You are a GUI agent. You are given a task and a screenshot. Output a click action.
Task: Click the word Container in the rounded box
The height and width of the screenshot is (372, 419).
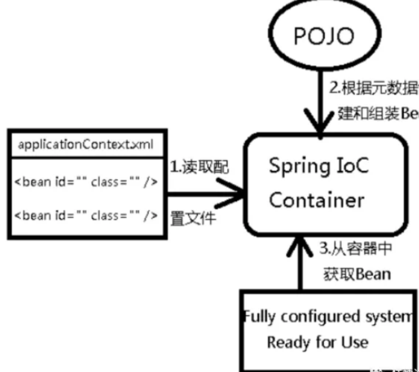pyautogui.click(x=316, y=200)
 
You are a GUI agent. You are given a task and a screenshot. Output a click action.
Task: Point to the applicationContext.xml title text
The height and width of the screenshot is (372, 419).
pyautogui.click(x=85, y=144)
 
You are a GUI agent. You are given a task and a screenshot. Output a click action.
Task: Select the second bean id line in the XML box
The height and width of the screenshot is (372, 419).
pyautogui.click(x=85, y=215)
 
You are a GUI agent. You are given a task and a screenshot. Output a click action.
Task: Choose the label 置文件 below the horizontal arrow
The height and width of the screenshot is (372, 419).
pyautogui.click(x=193, y=218)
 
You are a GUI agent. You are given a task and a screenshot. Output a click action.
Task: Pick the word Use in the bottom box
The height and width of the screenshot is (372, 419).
pyautogui.click(x=354, y=343)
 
